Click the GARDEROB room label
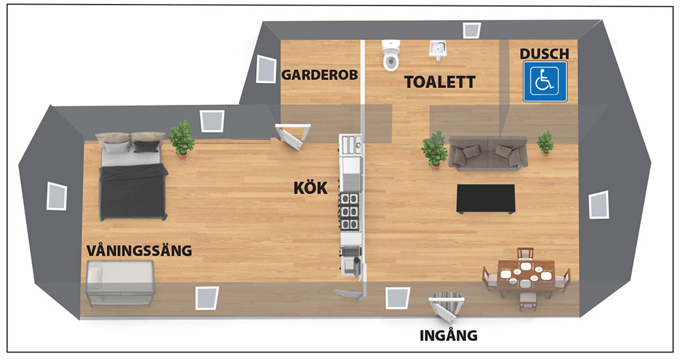(x=319, y=75)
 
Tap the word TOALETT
(x=439, y=82)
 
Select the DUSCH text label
(x=544, y=54)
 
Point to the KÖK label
(x=311, y=188)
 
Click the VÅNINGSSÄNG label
(x=139, y=250)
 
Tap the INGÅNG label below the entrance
(x=449, y=336)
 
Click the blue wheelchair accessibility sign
(x=545, y=82)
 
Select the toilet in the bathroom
(x=392, y=55)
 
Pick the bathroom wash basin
(x=439, y=50)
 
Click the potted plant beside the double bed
(x=182, y=138)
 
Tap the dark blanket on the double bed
(x=133, y=191)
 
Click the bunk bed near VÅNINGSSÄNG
(x=121, y=283)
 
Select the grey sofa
(x=488, y=153)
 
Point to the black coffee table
(x=486, y=199)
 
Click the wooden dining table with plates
(x=526, y=276)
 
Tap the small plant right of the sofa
(x=545, y=142)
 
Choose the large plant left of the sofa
(x=434, y=150)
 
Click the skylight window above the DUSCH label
(x=471, y=30)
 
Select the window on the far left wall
(x=57, y=196)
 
